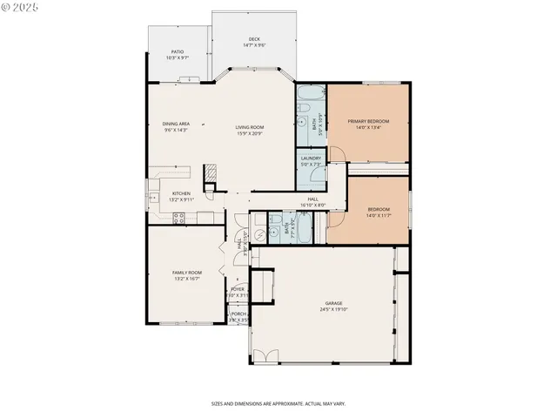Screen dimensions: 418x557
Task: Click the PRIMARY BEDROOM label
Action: coord(368,121)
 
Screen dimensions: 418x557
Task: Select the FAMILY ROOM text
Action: coord(186,273)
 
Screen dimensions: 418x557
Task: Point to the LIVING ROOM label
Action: coord(250,127)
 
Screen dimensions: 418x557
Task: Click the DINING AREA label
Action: coord(176,124)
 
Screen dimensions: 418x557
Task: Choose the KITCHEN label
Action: coord(181,193)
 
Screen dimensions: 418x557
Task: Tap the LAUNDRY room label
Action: coord(311,158)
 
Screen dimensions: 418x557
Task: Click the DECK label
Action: coord(254,38)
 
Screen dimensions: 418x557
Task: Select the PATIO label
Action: coord(176,52)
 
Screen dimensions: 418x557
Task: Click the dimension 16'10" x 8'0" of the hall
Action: coord(312,205)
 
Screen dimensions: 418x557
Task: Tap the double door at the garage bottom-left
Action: coord(266,357)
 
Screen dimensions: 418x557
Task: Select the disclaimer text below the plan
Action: coord(278,403)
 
